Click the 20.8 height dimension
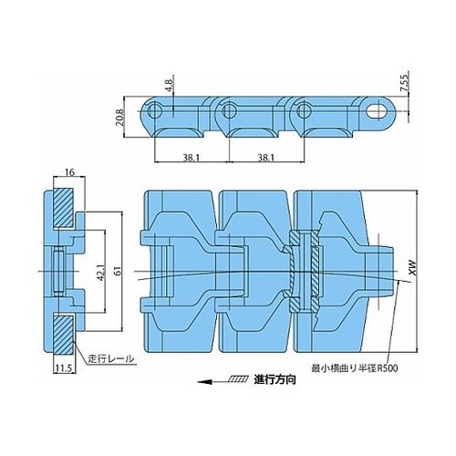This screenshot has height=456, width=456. [x=119, y=118]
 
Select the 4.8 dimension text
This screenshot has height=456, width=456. [x=170, y=85]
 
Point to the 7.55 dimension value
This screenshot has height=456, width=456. [x=404, y=83]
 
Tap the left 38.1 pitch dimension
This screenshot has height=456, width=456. [x=191, y=158]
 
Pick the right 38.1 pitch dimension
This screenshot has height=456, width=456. [x=265, y=158]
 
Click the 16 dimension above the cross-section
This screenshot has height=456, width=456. [x=69, y=172]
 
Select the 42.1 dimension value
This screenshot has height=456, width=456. [x=102, y=272]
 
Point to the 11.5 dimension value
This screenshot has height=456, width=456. [x=64, y=368]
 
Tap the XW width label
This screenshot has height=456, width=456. [x=412, y=269]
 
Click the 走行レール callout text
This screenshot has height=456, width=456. [x=110, y=358]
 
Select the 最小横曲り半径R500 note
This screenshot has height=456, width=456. [x=354, y=368]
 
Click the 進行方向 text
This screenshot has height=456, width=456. [x=275, y=380]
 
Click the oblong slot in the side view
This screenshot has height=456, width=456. [x=378, y=111]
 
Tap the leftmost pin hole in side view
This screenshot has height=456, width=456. [x=155, y=111]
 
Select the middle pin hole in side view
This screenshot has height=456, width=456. [x=229, y=111]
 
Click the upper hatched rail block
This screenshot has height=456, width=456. [x=63, y=208]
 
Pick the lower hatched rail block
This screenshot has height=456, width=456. [x=63, y=335]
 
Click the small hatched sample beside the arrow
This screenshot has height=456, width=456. [x=238, y=379]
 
